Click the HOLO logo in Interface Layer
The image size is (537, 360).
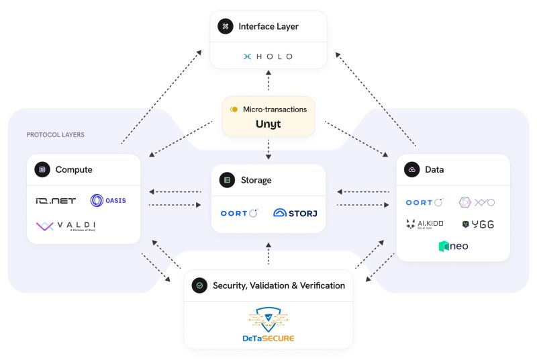268,56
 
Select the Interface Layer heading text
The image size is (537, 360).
268,27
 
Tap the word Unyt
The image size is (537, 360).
268,124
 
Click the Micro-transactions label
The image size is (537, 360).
275,109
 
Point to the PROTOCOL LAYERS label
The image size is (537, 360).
55,135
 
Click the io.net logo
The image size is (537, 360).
56,200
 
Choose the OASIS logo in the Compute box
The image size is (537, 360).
108,200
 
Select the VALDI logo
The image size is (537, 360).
66,226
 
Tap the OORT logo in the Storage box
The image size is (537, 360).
239,214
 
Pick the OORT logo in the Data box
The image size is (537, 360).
424,202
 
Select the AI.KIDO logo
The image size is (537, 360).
424,224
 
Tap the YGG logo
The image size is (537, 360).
477,224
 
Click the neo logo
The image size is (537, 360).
453,246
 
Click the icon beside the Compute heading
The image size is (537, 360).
42,170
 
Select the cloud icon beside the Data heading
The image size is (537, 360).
411,170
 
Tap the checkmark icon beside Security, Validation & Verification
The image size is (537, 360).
199,285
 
